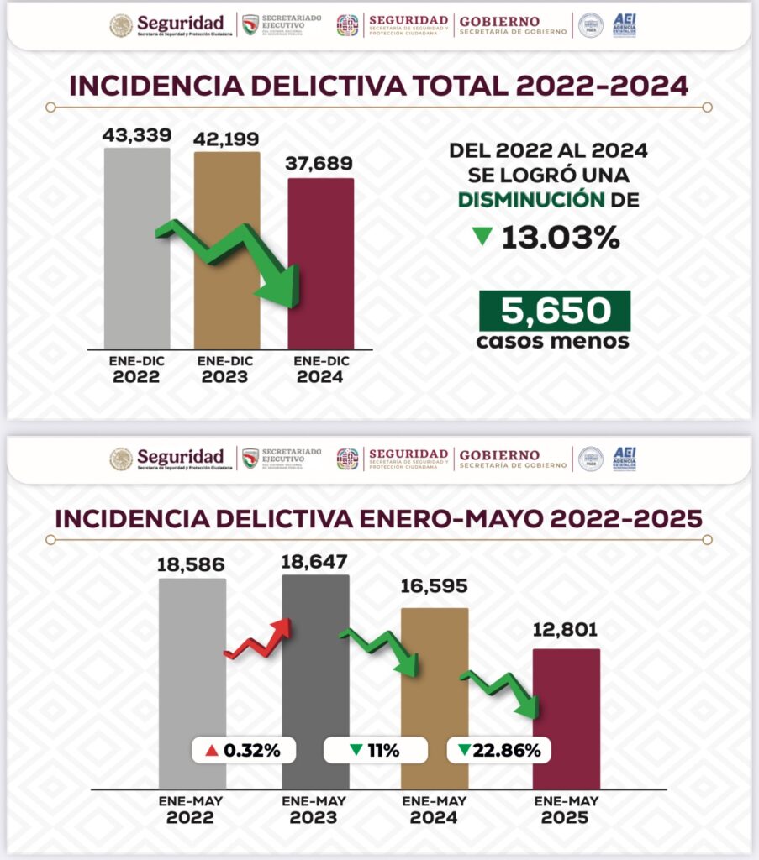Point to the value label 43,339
137,134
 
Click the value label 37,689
320,164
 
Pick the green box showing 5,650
555,311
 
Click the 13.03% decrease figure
561,239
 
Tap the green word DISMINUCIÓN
531,200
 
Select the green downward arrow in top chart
231,260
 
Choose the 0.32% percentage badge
243,750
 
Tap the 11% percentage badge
375,750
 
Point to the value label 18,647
315,560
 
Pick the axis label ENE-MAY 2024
434,810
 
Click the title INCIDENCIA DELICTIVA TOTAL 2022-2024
378,86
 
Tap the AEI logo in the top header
625,24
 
